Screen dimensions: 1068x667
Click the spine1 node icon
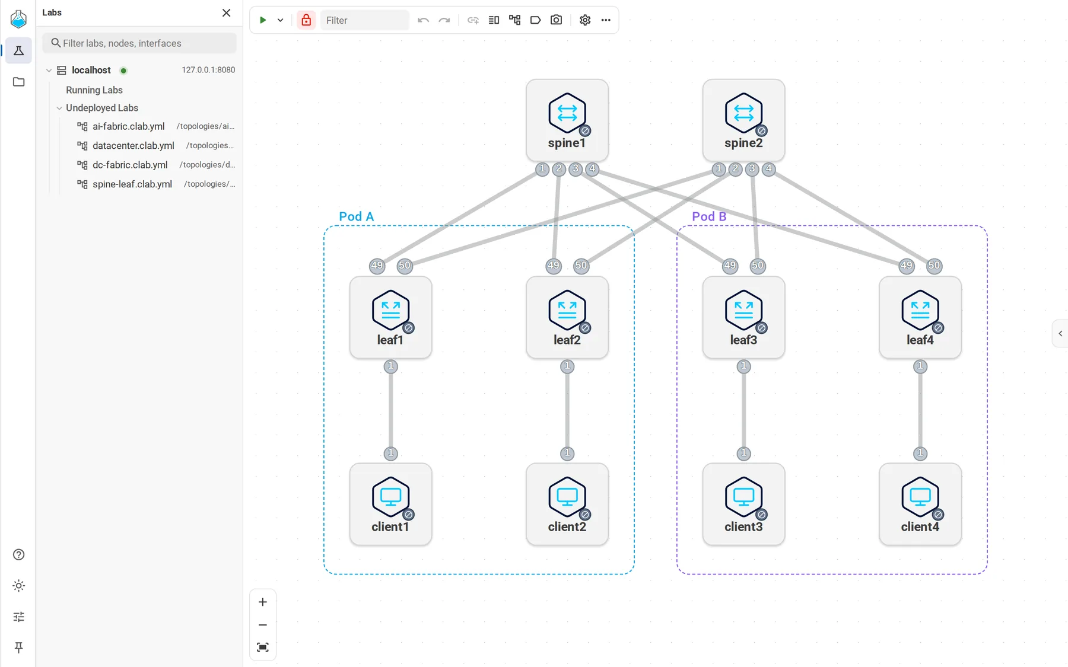coord(567,113)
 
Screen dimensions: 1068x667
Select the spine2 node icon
coord(743,113)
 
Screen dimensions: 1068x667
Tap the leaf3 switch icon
coord(743,309)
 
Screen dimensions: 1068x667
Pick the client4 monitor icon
coord(920,496)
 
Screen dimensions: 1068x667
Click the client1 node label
coord(390,526)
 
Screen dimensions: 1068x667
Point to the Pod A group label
coord(356,216)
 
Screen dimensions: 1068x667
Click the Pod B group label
coord(709,216)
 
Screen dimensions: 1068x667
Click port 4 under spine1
coord(592,169)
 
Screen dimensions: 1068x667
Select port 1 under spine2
coord(719,169)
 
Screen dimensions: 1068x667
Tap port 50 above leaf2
coord(581,266)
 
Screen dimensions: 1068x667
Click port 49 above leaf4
coord(906,266)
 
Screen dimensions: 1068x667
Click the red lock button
coord(306,20)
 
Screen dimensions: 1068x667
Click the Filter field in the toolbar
coord(364,20)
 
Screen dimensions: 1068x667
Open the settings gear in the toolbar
coord(585,20)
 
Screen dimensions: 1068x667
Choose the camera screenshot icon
coord(556,20)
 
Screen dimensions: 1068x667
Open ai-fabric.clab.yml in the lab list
coord(129,126)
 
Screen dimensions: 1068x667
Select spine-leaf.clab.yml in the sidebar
coord(132,184)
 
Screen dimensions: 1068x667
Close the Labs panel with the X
coord(227,12)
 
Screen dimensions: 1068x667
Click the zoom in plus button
coord(263,602)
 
